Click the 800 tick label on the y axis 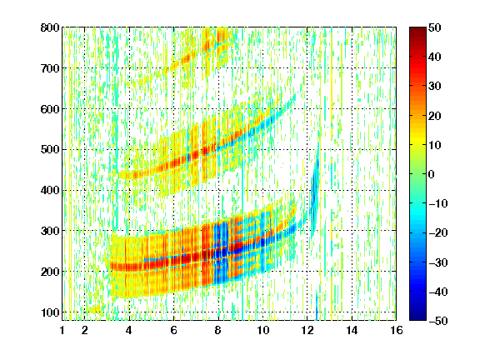50,27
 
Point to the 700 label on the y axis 50,68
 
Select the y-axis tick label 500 50,150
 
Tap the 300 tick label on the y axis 50,231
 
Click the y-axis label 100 50,312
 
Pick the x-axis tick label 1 62,330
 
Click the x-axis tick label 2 85,330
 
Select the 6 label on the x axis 174,330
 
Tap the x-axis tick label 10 262,330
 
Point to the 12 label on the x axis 307,330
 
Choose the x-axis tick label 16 396,330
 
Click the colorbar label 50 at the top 435,27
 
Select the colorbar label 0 432,174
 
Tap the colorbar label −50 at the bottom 438,321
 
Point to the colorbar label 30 435,87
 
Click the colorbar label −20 438,232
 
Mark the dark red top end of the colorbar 417,29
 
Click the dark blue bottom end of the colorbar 417,318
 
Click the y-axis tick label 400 50,190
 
